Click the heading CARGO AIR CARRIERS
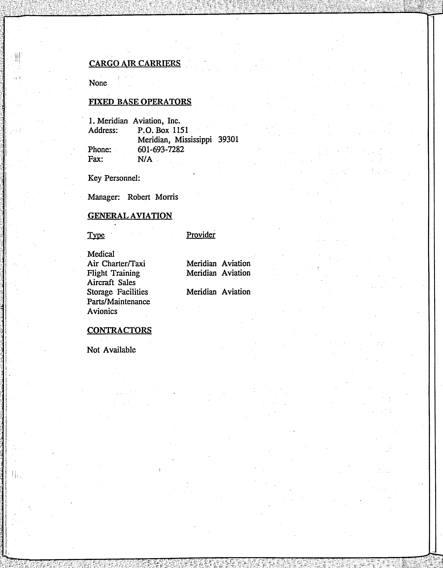(x=134, y=63)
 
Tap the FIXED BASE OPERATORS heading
(x=140, y=102)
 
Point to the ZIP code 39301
(x=228, y=140)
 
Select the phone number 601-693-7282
(x=161, y=149)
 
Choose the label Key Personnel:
(x=114, y=178)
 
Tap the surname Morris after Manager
(x=167, y=197)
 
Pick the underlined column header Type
(x=96, y=235)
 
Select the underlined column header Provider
(x=201, y=235)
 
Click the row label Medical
(x=101, y=254)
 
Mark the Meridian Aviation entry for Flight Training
(x=218, y=273)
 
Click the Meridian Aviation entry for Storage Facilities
(x=218, y=292)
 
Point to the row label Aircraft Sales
(x=111, y=283)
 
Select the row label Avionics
(x=102, y=311)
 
